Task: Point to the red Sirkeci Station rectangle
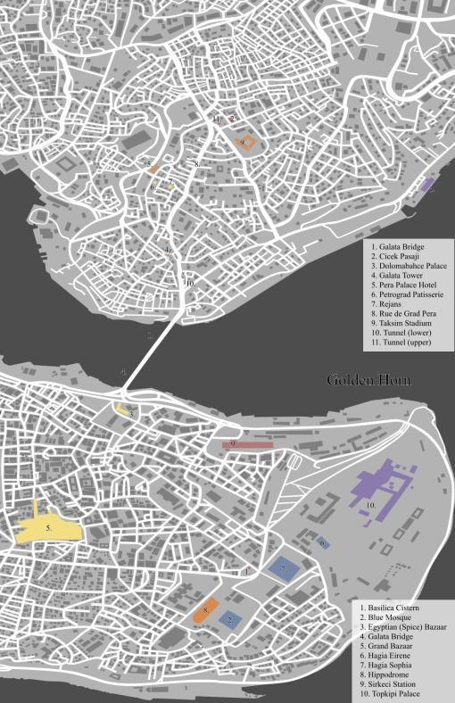point(246,444)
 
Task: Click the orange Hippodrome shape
point(205,612)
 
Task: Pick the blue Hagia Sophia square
point(285,568)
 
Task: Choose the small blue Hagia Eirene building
point(324,542)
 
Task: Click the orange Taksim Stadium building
point(245,142)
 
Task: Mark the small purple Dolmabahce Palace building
point(427,186)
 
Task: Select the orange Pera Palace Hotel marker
point(154,168)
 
